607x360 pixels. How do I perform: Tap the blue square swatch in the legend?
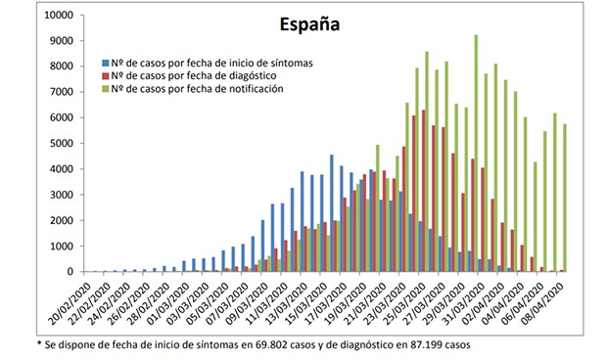pos(106,63)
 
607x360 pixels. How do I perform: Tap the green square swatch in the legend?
pos(106,88)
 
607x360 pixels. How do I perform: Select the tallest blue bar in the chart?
pos(331,213)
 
